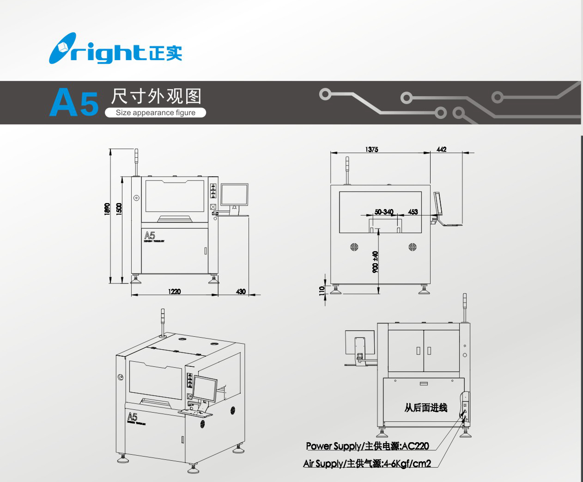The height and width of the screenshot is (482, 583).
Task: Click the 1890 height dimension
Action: coord(107,209)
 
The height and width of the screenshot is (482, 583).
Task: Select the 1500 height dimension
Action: coord(119,209)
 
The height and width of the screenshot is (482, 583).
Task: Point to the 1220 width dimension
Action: coord(174,291)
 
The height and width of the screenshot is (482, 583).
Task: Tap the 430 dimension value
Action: coord(241,291)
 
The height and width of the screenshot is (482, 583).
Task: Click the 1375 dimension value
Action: coord(371,149)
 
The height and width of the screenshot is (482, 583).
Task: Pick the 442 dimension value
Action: coord(441,149)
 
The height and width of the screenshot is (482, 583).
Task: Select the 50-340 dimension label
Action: coord(384,212)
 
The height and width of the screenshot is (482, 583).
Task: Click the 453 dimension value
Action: coord(413,212)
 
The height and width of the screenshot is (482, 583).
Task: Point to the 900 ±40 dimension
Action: coord(375,262)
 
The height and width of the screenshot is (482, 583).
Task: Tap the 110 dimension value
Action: coord(322,290)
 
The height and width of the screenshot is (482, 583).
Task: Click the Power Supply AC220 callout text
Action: coord(367,446)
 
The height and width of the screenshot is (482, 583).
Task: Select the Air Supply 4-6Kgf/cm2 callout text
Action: coord(367,463)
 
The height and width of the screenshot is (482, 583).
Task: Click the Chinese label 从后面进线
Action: coord(425,408)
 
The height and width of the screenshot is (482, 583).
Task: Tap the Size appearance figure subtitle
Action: coord(155,112)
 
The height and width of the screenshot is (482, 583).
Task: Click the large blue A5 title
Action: coord(74,102)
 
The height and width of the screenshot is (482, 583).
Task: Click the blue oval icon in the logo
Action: coord(62,48)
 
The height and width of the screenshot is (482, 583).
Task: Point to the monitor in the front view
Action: coord(234,195)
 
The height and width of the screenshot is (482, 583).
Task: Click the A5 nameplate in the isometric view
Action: coord(133,417)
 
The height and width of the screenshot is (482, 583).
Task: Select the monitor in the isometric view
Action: coord(205,388)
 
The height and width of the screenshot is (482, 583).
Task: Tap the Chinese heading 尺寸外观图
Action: coord(156,96)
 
